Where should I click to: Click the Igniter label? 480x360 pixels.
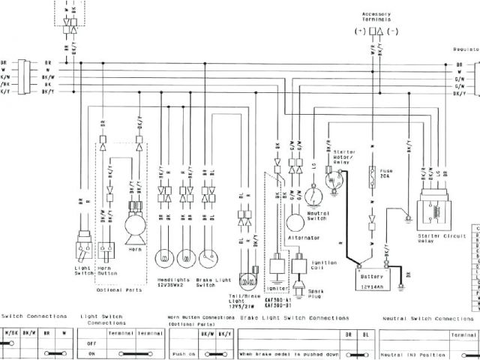(277, 286)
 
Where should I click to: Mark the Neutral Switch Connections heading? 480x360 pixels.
(427, 318)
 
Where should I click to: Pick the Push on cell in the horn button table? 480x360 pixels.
(183, 353)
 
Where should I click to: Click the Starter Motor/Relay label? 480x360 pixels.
(341, 156)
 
